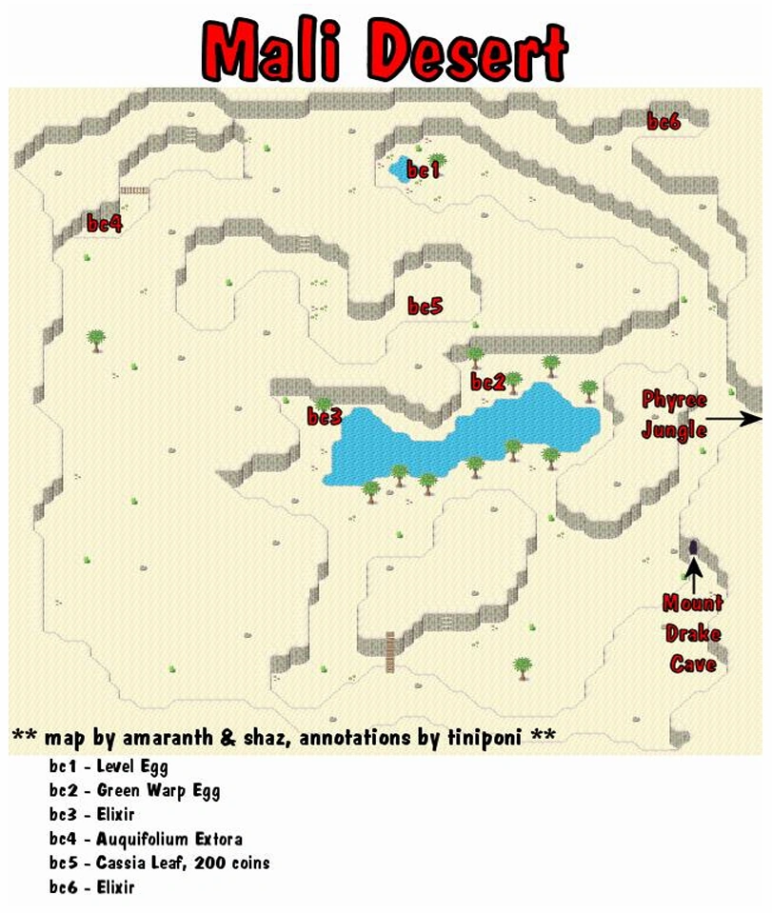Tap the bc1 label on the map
(423, 170)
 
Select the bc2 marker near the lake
(487, 383)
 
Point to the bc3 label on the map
(324, 417)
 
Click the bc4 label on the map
(105, 224)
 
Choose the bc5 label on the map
(426, 306)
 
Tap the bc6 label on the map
(663, 121)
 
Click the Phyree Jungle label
(674, 413)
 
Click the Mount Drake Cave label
(693, 633)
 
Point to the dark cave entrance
(694, 546)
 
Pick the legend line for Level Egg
(109, 765)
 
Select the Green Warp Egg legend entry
(134, 790)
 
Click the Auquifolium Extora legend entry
(146, 839)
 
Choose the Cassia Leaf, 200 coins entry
(159, 863)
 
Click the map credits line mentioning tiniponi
(283, 737)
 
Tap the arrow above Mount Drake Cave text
(694, 573)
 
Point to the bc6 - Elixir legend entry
(92, 888)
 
